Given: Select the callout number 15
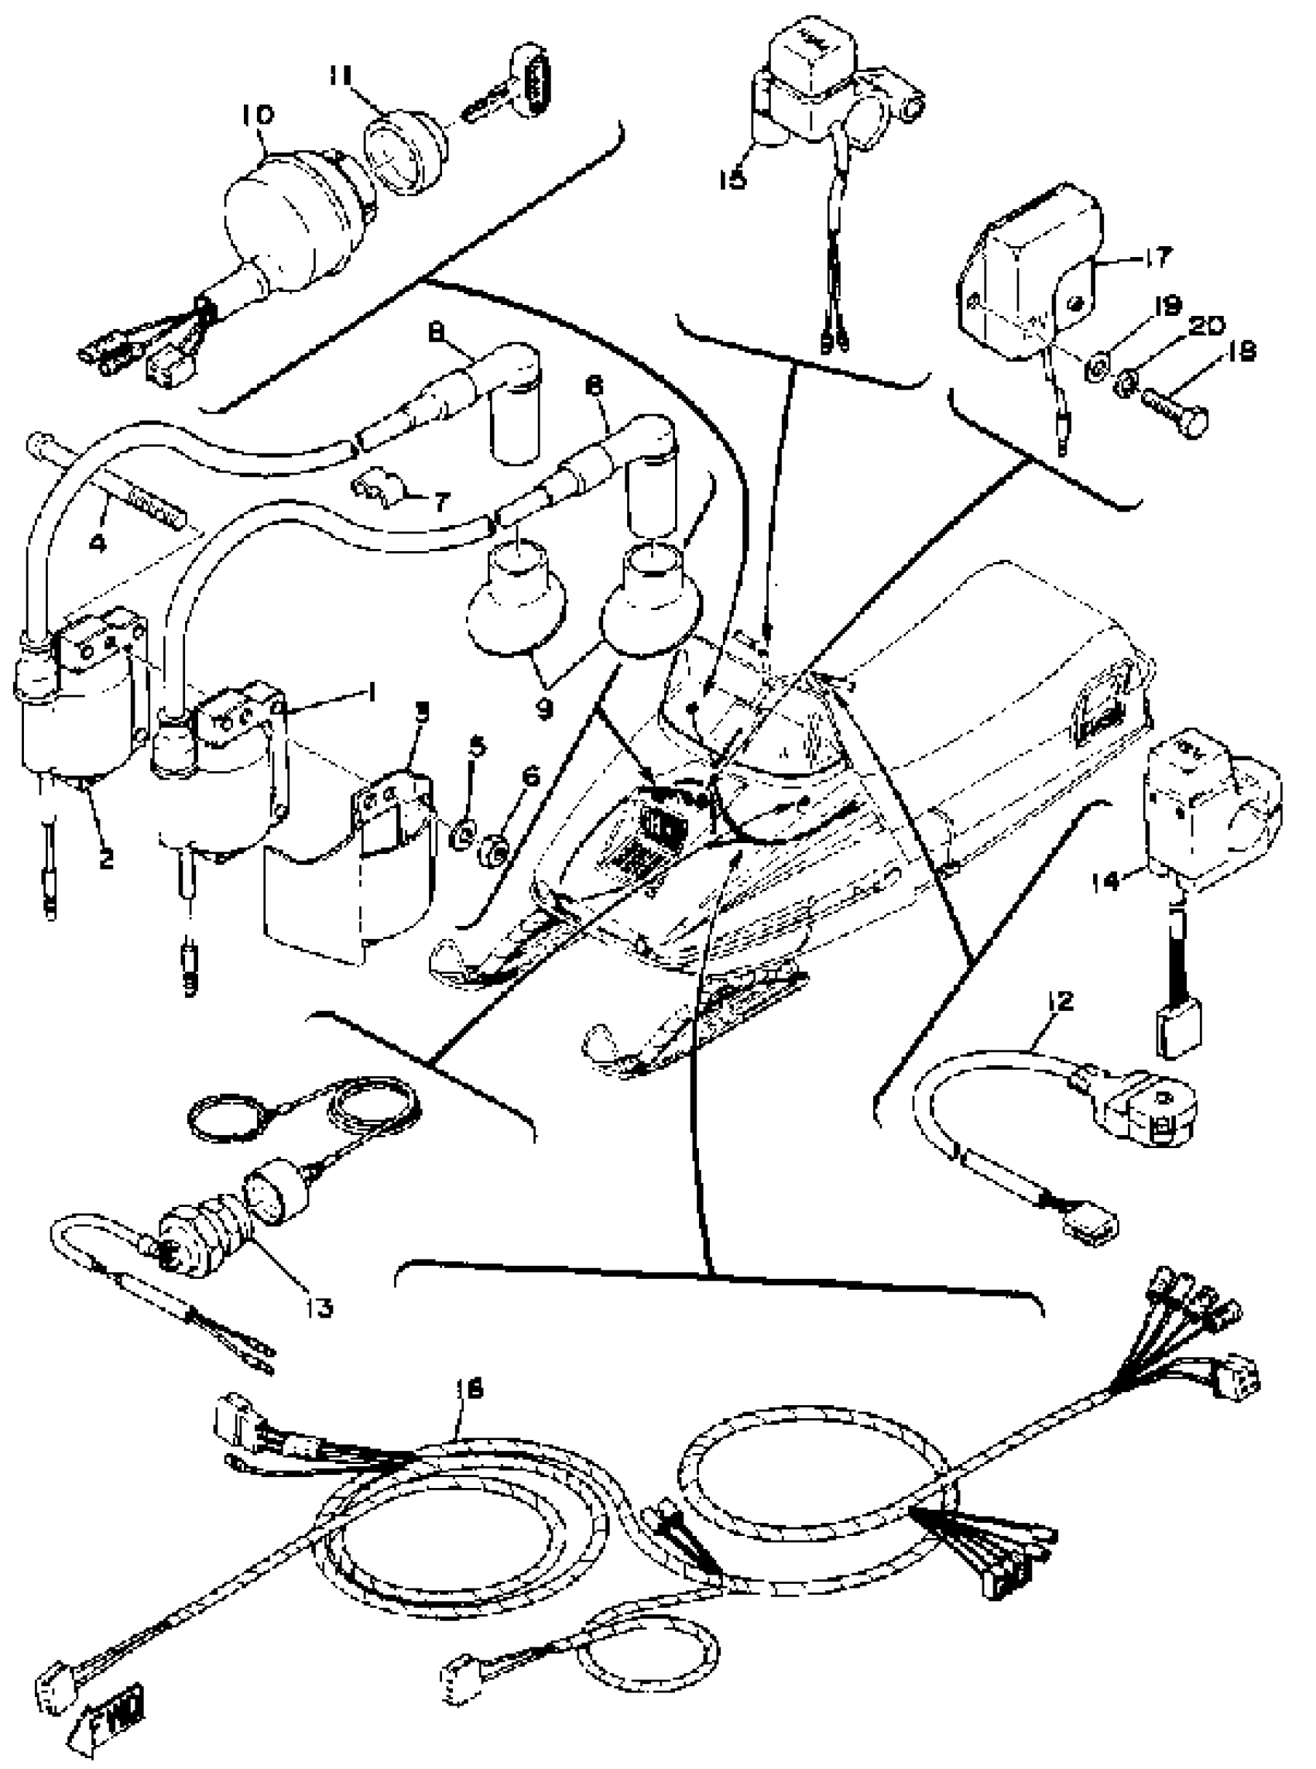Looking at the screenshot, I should click(x=732, y=178).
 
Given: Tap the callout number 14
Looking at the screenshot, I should click(x=1132, y=880).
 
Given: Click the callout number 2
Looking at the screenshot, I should click(x=106, y=858).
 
